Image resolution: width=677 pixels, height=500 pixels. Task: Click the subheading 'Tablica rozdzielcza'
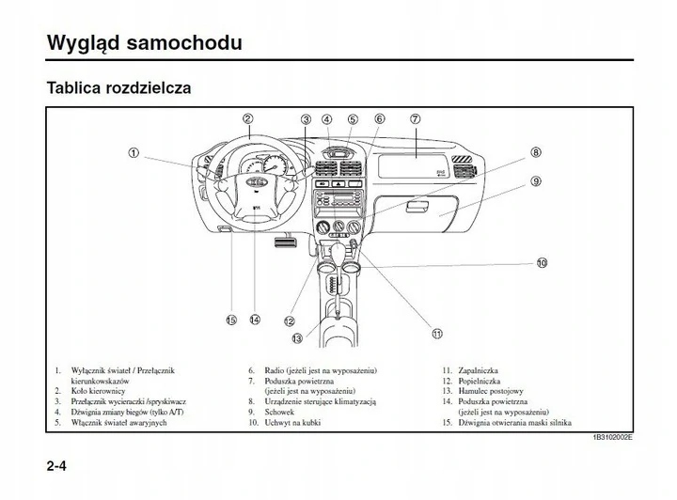pos(118,89)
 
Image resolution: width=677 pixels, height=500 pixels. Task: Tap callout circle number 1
pos(134,153)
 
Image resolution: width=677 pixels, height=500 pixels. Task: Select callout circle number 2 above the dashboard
pos(247,119)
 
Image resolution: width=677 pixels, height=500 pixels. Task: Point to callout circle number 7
pos(415,119)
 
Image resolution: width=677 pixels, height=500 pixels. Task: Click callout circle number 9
pos(534,180)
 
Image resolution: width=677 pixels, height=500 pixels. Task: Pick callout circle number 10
pos(542,262)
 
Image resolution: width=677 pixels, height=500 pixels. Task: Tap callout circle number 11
pos(436,333)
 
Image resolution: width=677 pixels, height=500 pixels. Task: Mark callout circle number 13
pos(297,337)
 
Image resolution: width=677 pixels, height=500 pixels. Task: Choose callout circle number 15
pos(231,320)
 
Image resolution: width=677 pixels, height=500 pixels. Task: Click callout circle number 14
pos(254,320)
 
